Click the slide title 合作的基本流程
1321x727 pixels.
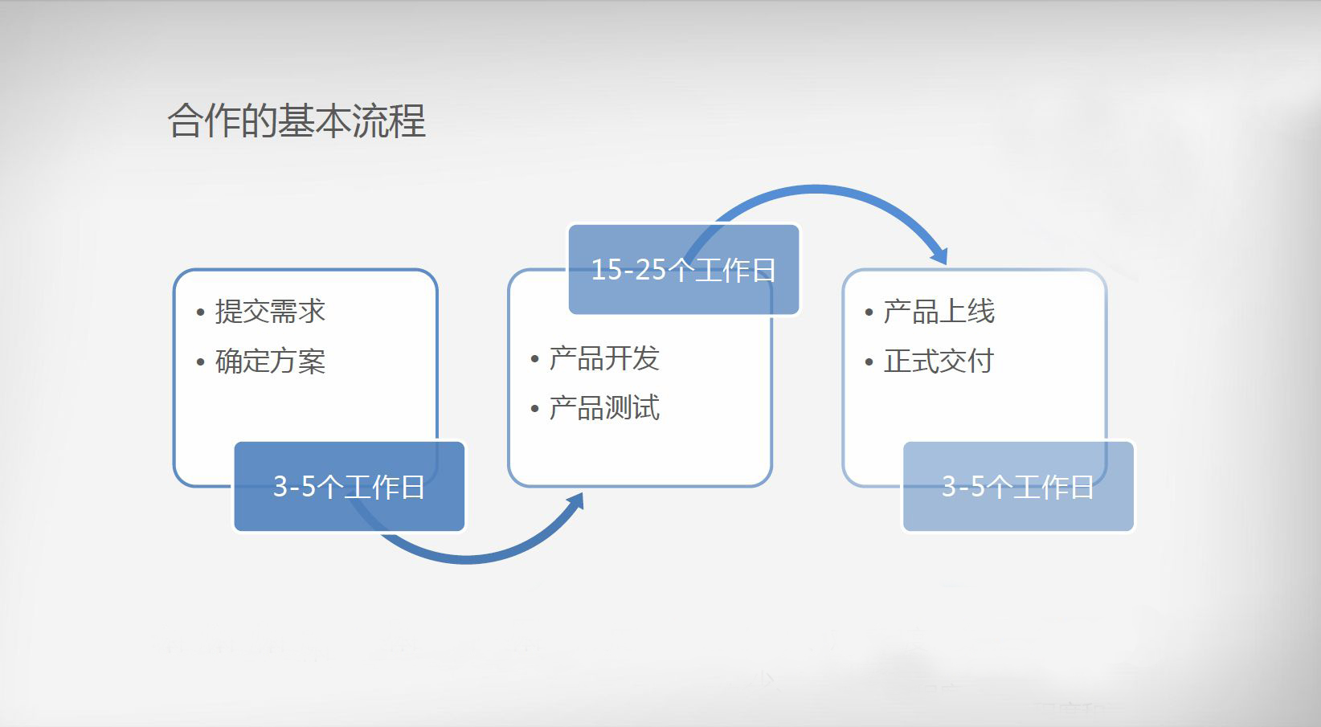[297, 120]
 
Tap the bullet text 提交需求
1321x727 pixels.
[270, 311]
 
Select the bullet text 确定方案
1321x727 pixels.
[270, 361]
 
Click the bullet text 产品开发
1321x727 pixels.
[604, 358]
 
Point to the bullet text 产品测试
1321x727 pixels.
[604, 407]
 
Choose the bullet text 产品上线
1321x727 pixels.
[939, 311]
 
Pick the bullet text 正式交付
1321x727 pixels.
[939, 361]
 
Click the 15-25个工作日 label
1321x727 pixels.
[683, 269]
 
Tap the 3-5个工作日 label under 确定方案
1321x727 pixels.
[349, 487]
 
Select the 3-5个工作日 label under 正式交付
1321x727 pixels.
[1018, 487]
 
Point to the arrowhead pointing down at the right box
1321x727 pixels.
[939, 256]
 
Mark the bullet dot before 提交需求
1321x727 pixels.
[201, 312]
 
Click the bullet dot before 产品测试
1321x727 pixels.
[535, 409]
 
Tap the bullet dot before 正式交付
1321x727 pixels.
[869, 362]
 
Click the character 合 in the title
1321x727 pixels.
[185, 120]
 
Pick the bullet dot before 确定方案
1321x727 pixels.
[201, 362]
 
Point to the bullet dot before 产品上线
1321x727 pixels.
[869, 312]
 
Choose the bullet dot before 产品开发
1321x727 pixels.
[535, 359]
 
